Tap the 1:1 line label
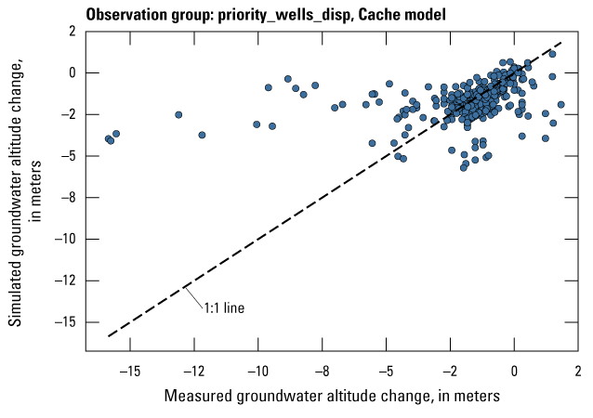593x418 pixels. pyautogui.click(x=224, y=305)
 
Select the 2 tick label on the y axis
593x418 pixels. pyautogui.click(x=71, y=31)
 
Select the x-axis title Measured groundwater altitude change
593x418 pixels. pyautogui.click(x=332, y=396)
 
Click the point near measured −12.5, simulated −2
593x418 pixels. pyautogui.click(x=178, y=114)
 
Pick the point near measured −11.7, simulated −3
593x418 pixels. pyautogui.click(x=202, y=135)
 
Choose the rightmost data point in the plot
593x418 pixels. pyautogui.click(x=561, y=104)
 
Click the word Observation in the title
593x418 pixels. pyautogui.click(x=126, y=15)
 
